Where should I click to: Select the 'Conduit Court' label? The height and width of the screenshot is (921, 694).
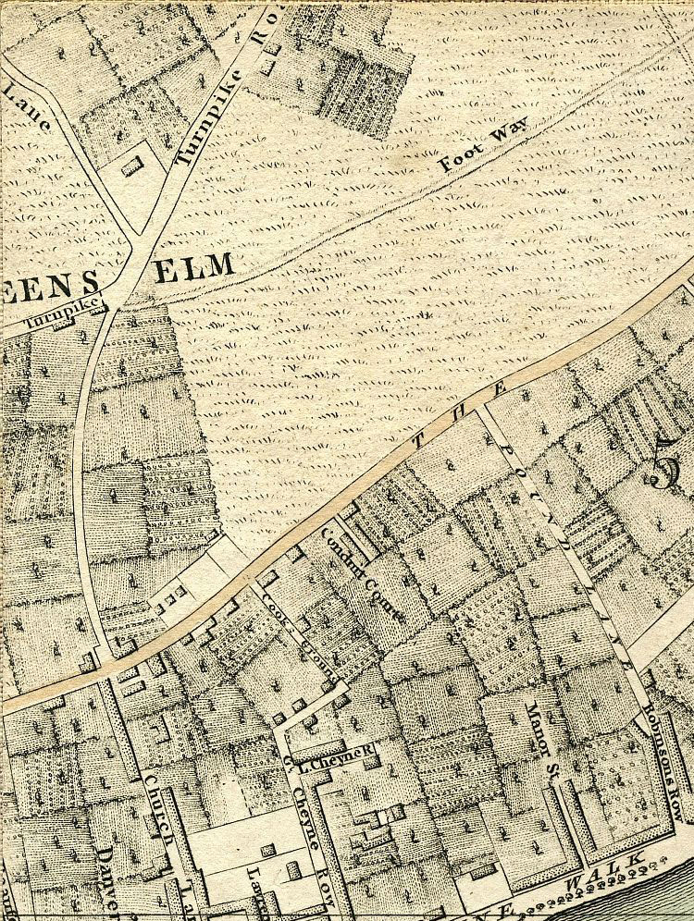[x=361, y=573]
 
